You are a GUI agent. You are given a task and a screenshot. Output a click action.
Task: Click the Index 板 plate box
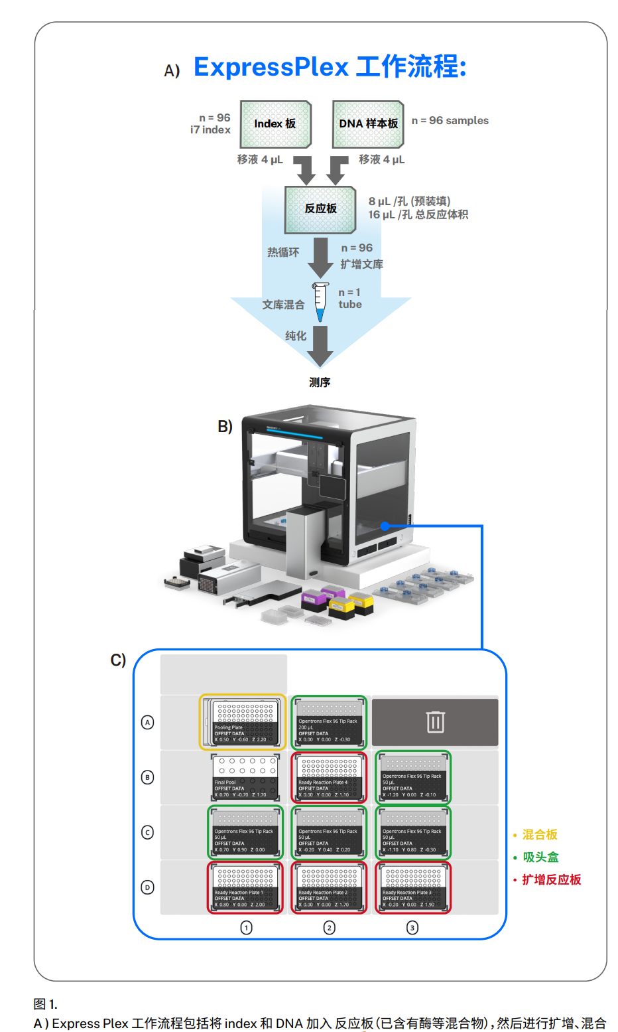(275, 124)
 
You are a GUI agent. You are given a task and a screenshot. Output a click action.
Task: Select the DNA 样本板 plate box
(368, 124)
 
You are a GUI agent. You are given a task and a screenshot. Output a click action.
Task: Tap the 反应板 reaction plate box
(320, 209)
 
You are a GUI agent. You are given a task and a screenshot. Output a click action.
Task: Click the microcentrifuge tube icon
(320, 302)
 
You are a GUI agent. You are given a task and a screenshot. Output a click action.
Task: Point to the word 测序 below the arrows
(320, 382)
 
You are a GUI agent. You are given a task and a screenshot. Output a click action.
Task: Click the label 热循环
(283, 252)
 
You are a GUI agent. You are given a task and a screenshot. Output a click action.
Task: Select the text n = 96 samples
(450, 121)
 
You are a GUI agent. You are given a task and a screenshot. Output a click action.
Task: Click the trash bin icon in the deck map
(435, 721)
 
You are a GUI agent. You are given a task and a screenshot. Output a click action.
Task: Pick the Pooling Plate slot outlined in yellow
(243, 722)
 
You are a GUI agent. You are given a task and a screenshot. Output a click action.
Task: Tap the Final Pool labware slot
(245, 777)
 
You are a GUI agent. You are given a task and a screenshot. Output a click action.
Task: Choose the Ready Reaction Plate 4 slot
(329, 777)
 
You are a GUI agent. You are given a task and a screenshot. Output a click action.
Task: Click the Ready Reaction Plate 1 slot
(245, 887)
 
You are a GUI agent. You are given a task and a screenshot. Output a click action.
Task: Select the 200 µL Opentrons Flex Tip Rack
(329, 722)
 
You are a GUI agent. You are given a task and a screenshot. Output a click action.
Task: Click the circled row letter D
(148, 887)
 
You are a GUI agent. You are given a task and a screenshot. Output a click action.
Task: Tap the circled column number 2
(329, 928)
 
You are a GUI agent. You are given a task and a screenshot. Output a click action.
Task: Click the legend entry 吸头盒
(540, 857)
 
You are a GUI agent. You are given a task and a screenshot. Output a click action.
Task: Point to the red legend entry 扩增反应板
(551, 880)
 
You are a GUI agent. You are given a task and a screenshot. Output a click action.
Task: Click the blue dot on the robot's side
(385, 526)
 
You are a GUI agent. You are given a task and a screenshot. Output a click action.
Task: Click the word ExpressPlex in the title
(271, 68)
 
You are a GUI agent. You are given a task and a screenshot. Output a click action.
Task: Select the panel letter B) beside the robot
(225, 427)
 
